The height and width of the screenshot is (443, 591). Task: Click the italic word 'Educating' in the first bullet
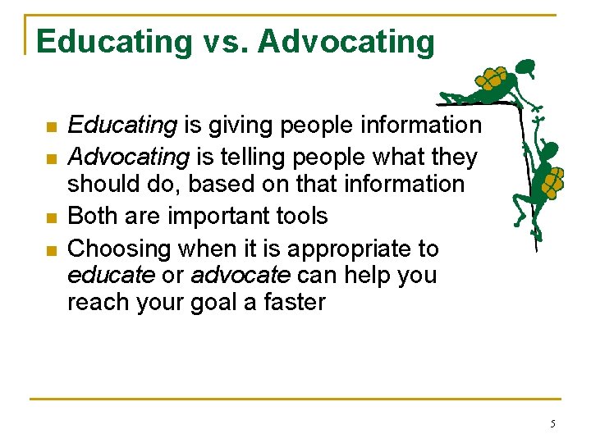click(x=122, y=126)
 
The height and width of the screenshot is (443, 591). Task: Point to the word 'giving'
click(x=237, y=126)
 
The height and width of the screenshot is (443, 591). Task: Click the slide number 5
click(x=552, y=424)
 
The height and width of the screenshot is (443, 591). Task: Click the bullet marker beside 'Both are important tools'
click(x=51, y=218)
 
